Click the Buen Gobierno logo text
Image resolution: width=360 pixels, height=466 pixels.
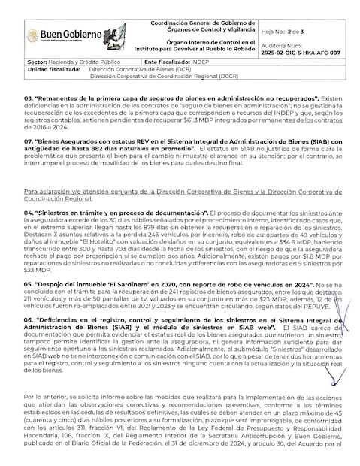tap(64, 35)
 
